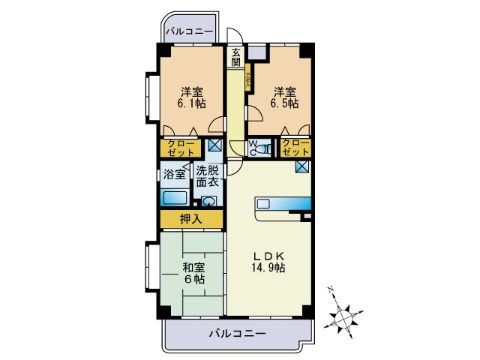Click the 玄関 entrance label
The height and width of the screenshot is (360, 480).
[x=236, y=58]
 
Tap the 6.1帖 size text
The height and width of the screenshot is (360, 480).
[x=191, y=104]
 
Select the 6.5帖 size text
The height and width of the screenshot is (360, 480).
[x=286, y=104]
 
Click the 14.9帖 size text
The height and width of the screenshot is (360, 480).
[x=268, y=267]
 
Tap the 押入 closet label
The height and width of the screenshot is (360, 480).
[x=191, y=220]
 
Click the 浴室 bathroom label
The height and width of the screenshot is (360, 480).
[x=175, y=175]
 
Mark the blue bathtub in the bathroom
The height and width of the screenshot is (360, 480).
[x=175, y=199]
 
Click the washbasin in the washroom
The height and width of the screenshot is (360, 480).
[x=208, y=201]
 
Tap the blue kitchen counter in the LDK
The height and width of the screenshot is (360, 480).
[x=283, y=203]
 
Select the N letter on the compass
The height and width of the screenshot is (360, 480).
[x=330, y=289]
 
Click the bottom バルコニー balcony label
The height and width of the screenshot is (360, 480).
[x=237, y=334]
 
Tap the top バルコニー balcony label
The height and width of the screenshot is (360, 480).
[x=190, y=32]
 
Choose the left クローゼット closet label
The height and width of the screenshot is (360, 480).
[x=180, y=148]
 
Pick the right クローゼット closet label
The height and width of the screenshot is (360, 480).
[x=295, y=148]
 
